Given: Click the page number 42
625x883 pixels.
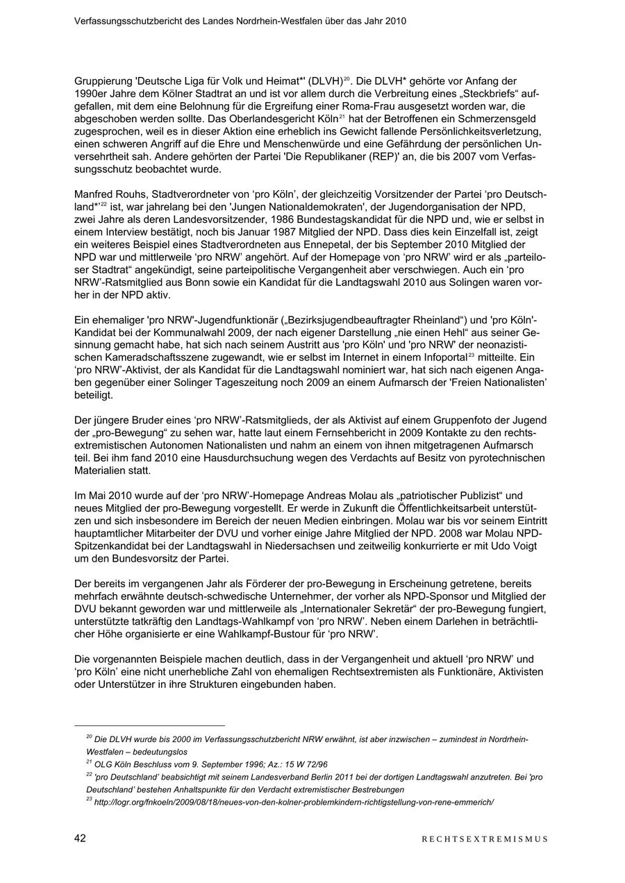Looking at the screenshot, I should pyautogui.click(x=80, y=839).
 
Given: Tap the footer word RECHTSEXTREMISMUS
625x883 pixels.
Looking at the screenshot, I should pyautogui.click(x=485, y=839).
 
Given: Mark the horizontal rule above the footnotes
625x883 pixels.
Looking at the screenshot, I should pyautogui.click(x=149, y=725).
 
